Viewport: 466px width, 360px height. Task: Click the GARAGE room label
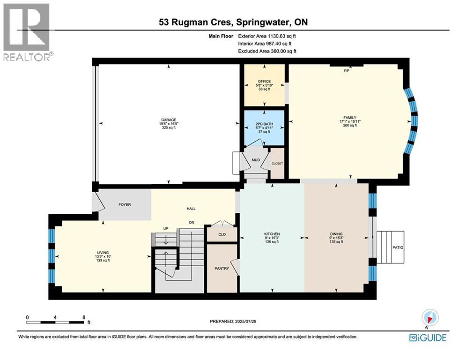[169, 120]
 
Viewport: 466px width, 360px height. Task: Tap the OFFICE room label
[264, 81]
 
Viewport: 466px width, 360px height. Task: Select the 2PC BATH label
[264, 124]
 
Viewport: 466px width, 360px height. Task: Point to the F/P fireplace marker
[346, 71]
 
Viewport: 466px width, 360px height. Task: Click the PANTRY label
[222, 269]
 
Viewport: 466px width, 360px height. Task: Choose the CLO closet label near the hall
[222, 234]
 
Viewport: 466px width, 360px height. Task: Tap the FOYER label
[125, 205]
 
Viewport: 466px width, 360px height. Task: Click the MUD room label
[256, 160]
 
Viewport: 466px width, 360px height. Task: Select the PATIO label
[398, 247]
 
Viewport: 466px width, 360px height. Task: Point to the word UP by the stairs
[166, 228]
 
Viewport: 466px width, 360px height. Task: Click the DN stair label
[192, 222]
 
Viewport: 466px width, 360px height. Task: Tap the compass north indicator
[430, 317]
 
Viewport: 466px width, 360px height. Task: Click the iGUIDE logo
[428, 337]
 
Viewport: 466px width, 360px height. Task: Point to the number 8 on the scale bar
[84, 317]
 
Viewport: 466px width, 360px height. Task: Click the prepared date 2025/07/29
[245, 321]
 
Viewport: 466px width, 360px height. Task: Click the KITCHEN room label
[272, 234]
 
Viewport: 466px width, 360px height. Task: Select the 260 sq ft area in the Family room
[350, 126]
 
